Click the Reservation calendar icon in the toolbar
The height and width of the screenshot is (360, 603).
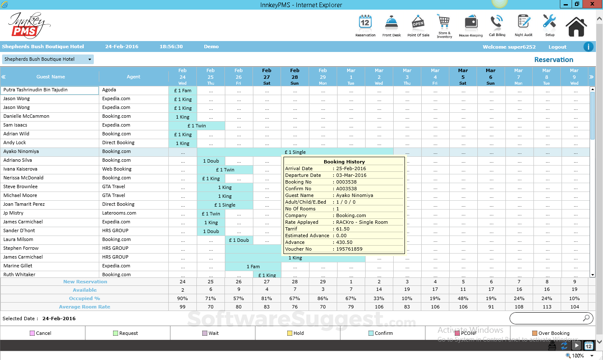[365, 23]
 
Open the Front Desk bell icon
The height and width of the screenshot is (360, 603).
[392, 23]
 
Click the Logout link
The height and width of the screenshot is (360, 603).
[557, 47]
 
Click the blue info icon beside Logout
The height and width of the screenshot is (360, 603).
[588, 47]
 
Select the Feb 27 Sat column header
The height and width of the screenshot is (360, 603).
[267, 77]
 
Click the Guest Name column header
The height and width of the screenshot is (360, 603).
[51, 77]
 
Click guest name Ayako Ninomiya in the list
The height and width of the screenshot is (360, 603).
[21, 152]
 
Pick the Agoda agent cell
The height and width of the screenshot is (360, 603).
[109, 90]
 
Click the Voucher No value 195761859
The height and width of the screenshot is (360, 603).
[349, 249]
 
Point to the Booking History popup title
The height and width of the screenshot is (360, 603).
[344, 162]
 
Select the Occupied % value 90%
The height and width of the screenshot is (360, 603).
[183, 298]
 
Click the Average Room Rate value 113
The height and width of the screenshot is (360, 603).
[547, 307]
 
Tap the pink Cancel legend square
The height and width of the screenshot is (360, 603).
[32, 333]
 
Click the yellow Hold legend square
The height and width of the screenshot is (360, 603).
[290, 333]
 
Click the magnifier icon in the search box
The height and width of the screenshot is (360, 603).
[586, 318]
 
